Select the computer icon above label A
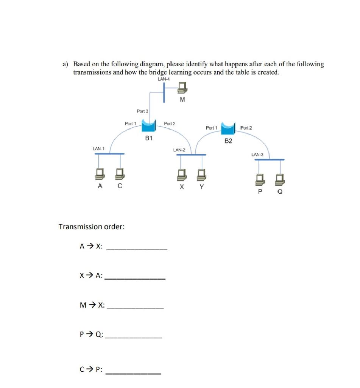tap(100, 175)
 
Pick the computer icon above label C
tap(120, 175)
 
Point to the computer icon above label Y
tap(201, 175)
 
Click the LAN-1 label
tap(98, 149)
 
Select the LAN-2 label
tap(179, 150)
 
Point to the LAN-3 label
tap(257, 155)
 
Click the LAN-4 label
tap(164, 79)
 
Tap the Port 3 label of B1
tap(142, 111)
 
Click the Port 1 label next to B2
tap(211, 128)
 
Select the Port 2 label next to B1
tap(170, 124)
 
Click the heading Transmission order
tap(92, 227)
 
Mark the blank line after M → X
tap(136, 309)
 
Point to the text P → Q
tap(90, 334)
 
